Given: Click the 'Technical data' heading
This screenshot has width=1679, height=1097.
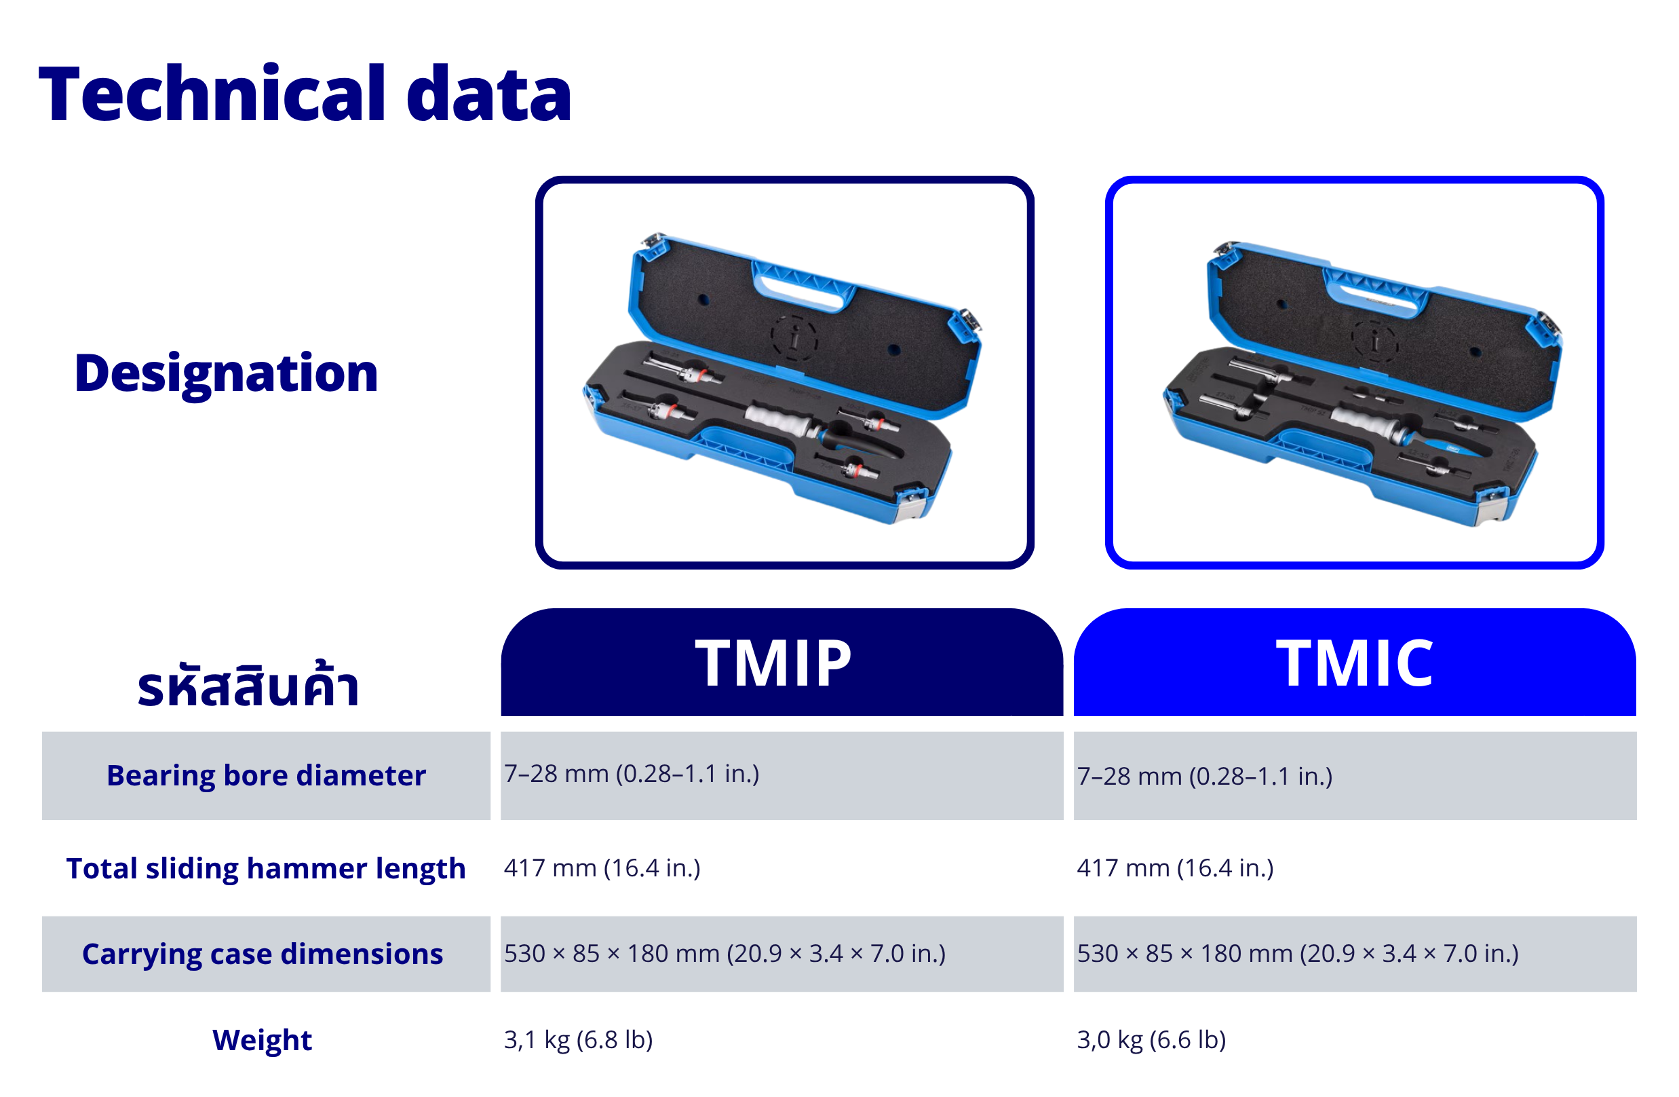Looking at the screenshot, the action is pos(305,93).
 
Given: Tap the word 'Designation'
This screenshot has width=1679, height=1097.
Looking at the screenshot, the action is pos(227,374).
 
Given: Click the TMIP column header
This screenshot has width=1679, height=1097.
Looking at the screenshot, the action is pos(774,663).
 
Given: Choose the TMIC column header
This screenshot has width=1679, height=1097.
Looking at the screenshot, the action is pos(1355,663).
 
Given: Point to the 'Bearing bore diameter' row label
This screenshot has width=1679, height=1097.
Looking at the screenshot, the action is pos(266,775).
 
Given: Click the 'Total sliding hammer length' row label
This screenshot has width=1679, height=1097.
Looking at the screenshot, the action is pos(266,868).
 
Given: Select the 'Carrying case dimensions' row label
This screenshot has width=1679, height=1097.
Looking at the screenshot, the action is pos(263,954).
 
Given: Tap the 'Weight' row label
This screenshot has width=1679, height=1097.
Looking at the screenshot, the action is pos(262,1040).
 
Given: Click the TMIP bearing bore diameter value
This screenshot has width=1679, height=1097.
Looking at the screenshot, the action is pos(632,774).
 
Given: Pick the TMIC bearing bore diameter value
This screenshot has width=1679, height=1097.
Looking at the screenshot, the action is pos(1205,777).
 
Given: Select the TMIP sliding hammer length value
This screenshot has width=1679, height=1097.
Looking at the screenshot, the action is pos(602,868).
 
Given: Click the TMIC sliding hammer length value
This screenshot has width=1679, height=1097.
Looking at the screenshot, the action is pos(1175,868).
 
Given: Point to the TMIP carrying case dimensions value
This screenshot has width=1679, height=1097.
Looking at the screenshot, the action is pos(725,954).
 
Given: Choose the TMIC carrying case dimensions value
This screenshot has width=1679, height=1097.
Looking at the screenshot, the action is pos(1298,954).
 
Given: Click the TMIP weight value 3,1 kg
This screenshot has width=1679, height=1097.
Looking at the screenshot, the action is pos(579,1040).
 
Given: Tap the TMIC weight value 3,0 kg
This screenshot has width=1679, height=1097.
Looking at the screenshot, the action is pos(1151,1040).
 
